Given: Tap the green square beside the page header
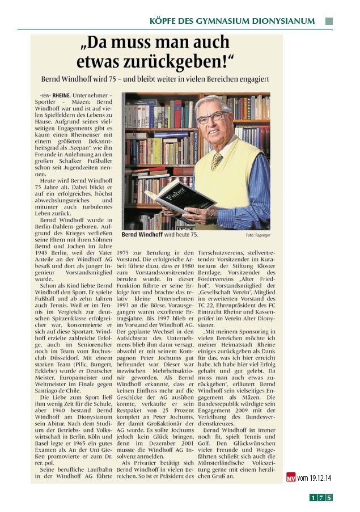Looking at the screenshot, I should click(x=329, y=21).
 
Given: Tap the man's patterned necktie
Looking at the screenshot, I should click(x=217, y=160).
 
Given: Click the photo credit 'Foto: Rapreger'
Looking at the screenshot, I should click(x=259, y=234).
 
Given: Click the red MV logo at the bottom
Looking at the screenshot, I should click(x=291, y=477).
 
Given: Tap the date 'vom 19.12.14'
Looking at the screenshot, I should click(x=314, y=478).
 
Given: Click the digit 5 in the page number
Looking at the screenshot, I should click(x=329, y=498).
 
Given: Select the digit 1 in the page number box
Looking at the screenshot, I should click(x=312, y=498).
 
